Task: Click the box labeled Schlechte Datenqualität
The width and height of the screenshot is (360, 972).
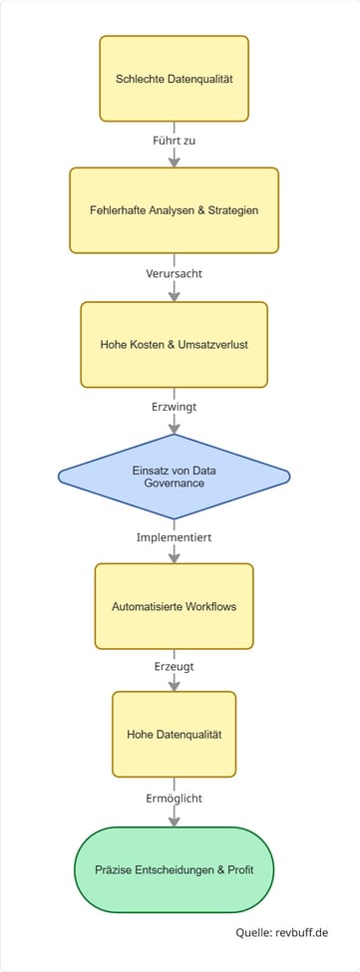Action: click(175, 78)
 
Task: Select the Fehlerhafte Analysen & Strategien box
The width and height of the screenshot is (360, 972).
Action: click(175, 210)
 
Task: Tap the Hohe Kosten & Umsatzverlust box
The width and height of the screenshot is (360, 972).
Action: click(175, 344)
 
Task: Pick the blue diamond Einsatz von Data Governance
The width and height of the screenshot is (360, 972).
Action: click(175, 477)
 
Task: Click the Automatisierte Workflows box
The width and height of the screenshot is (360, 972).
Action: click(175, 606)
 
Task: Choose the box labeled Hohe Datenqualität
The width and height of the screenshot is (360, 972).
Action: click(175, 735)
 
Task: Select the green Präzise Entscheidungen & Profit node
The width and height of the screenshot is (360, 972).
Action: click(175, 868)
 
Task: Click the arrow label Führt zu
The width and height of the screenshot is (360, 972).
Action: click(175, 141)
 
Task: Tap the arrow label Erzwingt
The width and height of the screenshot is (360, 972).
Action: click(175, 407)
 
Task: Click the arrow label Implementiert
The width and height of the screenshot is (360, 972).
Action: click(175, 537)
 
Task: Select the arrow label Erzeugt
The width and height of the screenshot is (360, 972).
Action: click(175, 664)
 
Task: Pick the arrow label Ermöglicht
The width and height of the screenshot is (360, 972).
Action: click(175, 799)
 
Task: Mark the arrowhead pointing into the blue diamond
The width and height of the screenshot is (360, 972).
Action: click(175, 428)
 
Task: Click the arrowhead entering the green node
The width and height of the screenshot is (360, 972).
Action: click(175, 820)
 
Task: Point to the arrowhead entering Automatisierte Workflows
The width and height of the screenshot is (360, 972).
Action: click(175, 557)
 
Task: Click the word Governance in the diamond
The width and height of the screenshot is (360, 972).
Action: click(175, 484)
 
